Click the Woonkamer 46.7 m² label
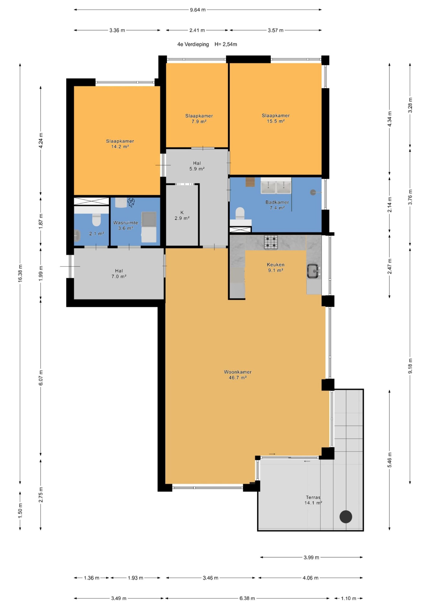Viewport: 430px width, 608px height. click(238, 375)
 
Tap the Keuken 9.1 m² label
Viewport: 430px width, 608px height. click(276, 267)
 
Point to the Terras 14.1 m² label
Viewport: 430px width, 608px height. click(313, 500)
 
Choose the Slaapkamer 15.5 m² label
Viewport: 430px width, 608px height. click(276, 118)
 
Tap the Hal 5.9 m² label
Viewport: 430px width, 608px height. click(197, 166)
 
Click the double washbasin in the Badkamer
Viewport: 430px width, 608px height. click(276, 186)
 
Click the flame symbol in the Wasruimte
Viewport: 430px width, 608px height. click(131, 203)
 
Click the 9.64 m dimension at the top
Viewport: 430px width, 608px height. click(198, 10)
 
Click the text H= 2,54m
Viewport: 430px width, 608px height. click(226, 44)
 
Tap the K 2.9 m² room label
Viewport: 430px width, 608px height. click(182, 215)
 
